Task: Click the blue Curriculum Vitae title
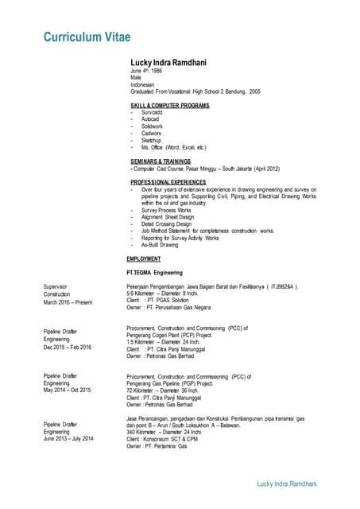[87, 37]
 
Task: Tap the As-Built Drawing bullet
[160, 245]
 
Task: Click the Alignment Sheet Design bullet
[168, 217]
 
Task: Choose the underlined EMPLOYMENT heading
[144, 259]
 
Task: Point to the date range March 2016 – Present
[68, 301]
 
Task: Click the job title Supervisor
[56, 286]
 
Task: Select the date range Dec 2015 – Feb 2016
[68, 348]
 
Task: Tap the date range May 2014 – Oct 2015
[68, 390]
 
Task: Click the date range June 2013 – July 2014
[68, 439]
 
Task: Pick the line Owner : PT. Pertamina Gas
[157, 446]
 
